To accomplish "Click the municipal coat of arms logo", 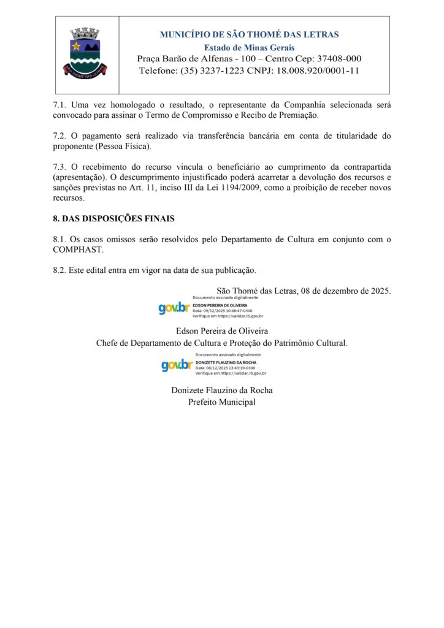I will tap(86, 52).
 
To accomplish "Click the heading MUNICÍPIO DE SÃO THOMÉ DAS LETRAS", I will tap(249, 34).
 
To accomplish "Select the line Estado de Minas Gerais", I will tap(249, 47).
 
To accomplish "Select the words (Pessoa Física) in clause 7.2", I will tap(122, 147).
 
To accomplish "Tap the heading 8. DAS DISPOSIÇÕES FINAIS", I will tap(114, 218).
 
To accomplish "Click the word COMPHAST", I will tap(78, 250).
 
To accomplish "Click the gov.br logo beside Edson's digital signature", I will tap(174, 307).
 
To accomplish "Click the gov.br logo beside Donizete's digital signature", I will tap(177, 365).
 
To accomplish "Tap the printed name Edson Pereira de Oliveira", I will tap(221, 331).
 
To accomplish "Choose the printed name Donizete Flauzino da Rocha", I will tap(221, 390).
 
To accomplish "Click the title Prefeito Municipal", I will tap(221, 402).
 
